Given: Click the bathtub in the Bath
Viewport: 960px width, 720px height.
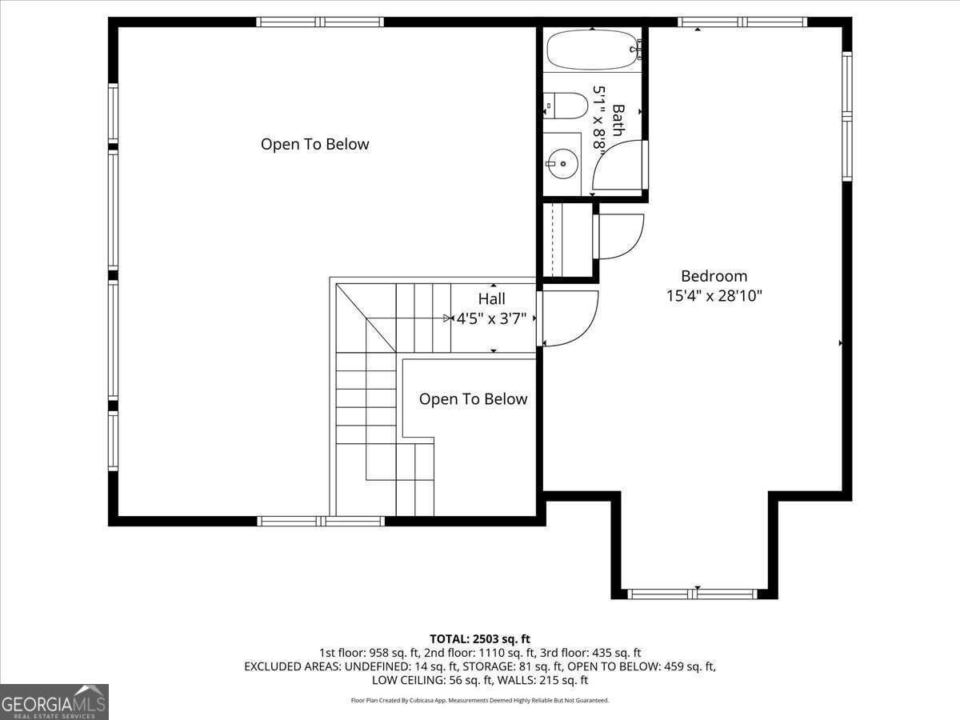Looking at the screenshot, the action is (x=594, y=50).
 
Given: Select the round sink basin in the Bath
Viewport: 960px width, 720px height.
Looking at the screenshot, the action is (x=562, y=163).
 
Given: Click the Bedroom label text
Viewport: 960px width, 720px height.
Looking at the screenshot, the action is (x=714, y=276).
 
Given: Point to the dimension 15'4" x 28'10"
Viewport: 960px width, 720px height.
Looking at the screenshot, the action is (x=714, y=296).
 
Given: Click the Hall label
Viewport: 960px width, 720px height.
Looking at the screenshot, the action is (x=491, y=298).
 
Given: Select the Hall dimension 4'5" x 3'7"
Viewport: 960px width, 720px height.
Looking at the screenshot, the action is (x=491, y=318).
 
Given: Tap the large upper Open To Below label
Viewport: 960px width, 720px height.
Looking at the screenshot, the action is (x=315, y=144).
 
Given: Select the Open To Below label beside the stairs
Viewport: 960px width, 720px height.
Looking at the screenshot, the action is (x=474, y=399).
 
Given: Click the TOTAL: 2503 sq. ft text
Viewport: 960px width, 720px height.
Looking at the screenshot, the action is (x=480, y=639).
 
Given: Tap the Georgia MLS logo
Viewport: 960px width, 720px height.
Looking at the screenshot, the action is (x=54, y=702).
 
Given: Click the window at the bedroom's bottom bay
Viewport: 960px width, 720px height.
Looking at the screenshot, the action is (x=692, y=594).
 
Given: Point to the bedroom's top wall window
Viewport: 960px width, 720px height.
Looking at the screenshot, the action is (x=742, y=22).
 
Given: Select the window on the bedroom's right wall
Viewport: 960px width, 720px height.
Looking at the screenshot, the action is (x=847, y=116).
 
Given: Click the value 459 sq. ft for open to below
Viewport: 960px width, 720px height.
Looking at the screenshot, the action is (x=690, y=666).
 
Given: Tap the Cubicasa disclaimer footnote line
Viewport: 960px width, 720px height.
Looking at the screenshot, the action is (x=480, y=700).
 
